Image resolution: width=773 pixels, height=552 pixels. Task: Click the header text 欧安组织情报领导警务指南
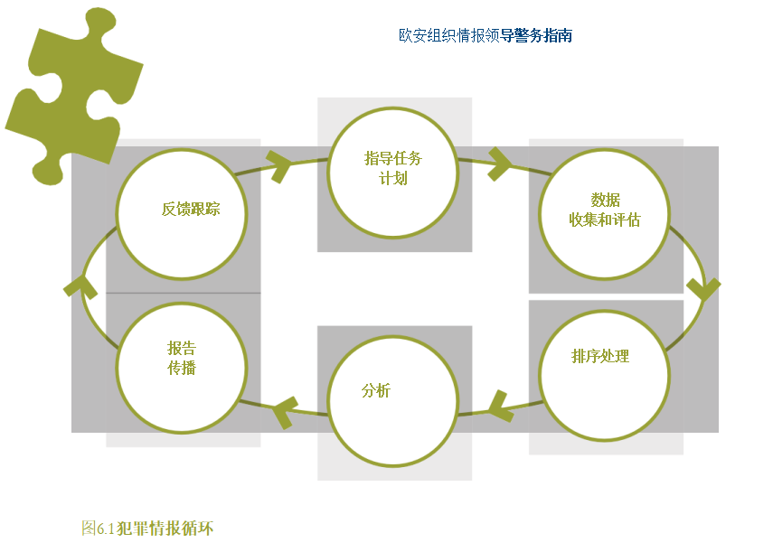[x=485, y=36]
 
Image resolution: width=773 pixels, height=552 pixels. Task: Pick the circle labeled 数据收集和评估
[x=604, y=214]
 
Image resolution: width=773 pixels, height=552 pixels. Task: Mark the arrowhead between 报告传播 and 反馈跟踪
[x=80, y=285]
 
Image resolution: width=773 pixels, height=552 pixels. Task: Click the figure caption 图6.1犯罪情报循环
[x=147, y=529]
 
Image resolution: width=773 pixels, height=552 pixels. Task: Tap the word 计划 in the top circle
[x=393, y=178]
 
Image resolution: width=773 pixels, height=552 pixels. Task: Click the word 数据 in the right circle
[x=605, y=201]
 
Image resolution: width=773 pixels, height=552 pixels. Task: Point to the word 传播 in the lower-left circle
[x=182, y=368]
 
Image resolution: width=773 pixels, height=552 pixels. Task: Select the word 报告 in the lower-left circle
[x=182, y=349]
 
